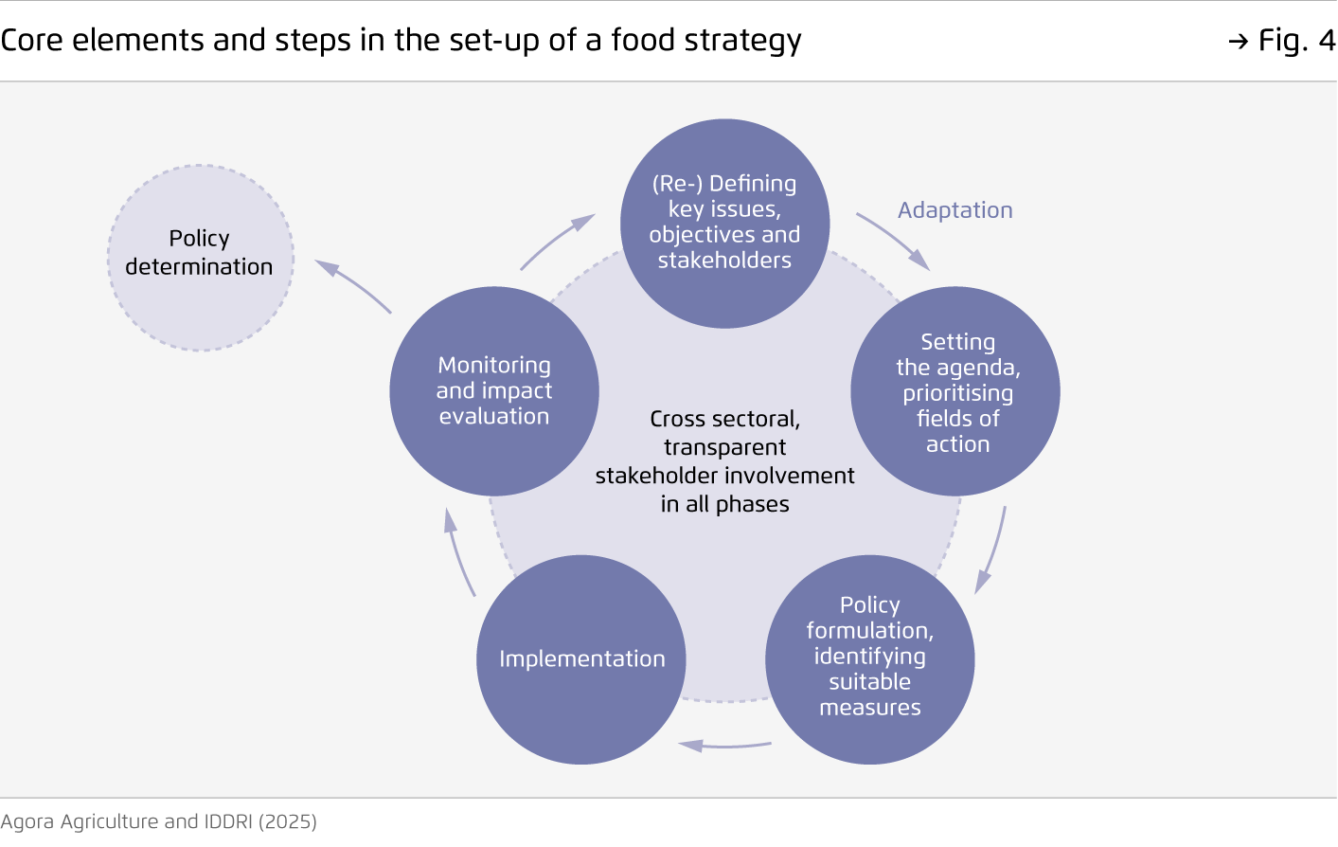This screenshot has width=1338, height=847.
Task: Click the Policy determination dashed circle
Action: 200,258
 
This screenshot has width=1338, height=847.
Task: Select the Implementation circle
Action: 580,659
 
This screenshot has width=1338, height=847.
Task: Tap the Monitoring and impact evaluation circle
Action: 494,391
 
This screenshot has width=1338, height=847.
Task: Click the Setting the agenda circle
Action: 955,391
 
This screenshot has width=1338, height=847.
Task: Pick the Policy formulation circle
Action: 869,659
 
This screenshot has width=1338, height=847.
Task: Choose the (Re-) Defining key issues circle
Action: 724,224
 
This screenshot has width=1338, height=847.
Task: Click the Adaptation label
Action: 955,210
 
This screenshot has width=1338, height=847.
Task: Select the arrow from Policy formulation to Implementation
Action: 724,746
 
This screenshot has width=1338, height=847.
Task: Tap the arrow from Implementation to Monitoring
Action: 457,553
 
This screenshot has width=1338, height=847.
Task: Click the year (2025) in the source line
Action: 288,822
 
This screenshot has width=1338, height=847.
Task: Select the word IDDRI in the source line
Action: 228,821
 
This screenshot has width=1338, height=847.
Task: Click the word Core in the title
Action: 31,41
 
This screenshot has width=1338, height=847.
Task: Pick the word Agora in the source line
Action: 27,822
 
